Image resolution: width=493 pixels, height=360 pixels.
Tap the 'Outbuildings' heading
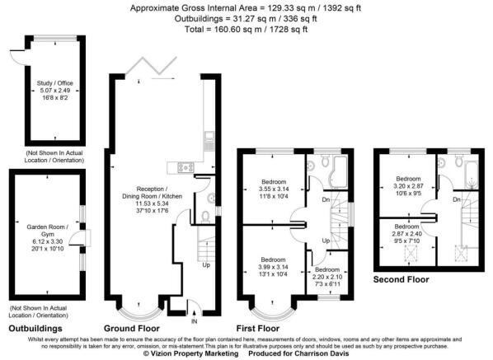(35, 329)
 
